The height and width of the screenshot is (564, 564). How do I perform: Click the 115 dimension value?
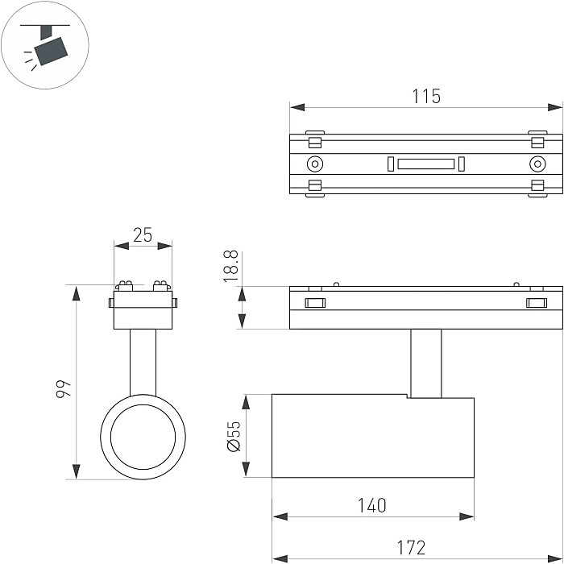click(x=426, y=96)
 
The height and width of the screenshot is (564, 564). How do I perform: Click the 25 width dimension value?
click(x=143, y=235)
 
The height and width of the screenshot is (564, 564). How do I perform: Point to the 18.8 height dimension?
click(x=231, y=265)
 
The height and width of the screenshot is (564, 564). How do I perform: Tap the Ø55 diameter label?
click(x=234, y=436)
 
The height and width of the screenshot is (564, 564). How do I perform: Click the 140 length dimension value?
click(x=371, y=505)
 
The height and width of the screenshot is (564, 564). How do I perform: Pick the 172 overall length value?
click(x=411, y=548)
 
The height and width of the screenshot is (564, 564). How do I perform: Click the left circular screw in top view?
click(x=314, y=164)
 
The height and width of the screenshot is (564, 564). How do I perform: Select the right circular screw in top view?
click(x=537, y=164)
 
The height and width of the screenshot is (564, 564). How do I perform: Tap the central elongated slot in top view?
click(x=425, y=164)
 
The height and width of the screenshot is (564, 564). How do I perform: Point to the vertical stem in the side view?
click(x=425, y=363)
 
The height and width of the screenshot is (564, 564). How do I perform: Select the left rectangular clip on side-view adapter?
click(x=314, y=303)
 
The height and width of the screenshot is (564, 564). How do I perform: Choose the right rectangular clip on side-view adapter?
click(x=535, y=303)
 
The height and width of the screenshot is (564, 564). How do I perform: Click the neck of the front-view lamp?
click(x=143, y=363)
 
